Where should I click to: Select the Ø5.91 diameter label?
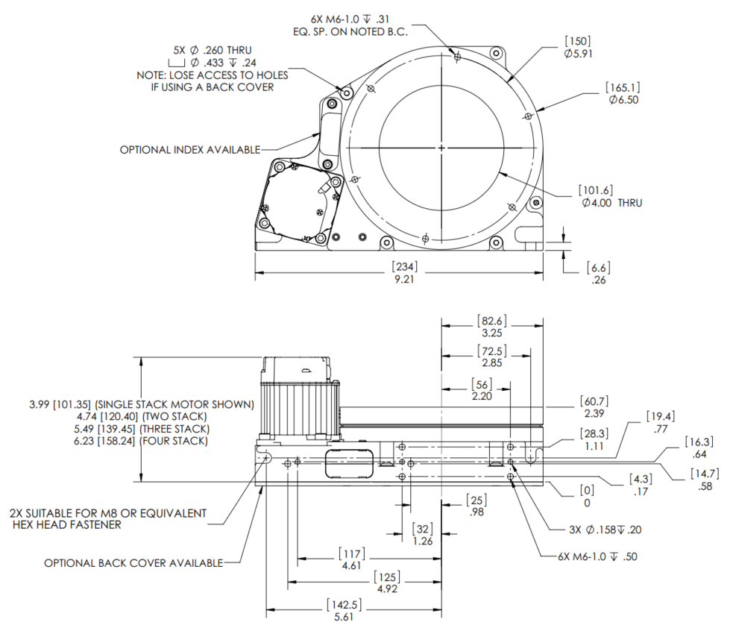579,54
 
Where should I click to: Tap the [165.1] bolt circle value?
623,88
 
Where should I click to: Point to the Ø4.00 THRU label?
609,203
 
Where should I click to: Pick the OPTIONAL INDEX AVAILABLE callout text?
189,150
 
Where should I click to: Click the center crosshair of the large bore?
441,148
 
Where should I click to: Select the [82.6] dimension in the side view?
491,321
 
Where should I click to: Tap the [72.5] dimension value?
491,351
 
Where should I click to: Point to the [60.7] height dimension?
594,402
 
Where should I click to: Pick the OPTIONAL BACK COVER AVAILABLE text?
133,562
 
